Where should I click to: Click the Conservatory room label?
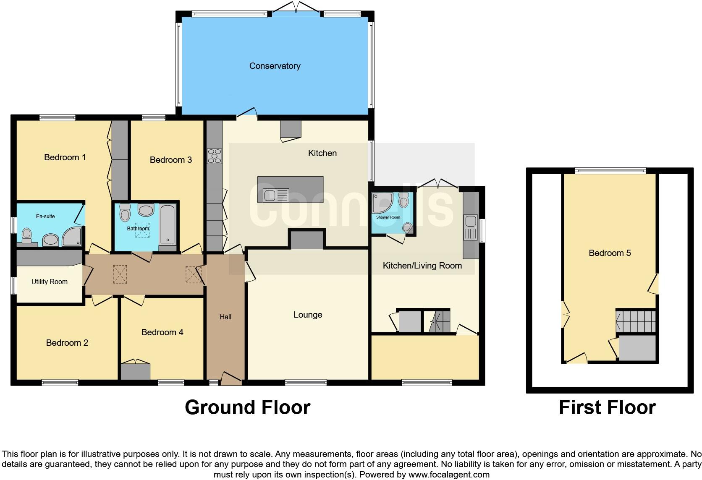tap(275, 66)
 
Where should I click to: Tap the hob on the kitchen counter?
tap(214, 156)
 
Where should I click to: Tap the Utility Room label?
tap(50, 282)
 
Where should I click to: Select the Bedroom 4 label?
tap(162, 332)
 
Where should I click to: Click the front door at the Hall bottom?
tap(231, 379)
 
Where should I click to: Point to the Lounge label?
tap(308, 315)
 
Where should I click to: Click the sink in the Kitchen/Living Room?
tap(470, 221)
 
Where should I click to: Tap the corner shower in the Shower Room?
tap(382, 203)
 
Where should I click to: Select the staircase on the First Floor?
tap(636, 321)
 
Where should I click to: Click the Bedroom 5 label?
tap(610, 253)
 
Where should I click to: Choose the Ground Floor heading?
tap(247, 407)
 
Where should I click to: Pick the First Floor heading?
tap(607, 407)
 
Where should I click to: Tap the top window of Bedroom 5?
tap(610, 171)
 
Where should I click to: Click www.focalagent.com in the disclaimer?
tap(449, 475)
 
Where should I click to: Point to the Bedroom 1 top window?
tap(58, 118)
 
